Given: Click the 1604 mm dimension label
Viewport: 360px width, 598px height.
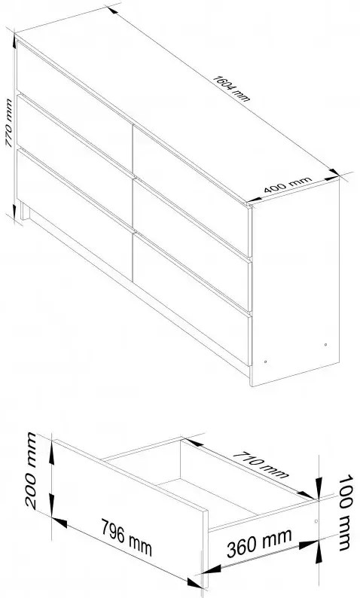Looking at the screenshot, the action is [231, 88].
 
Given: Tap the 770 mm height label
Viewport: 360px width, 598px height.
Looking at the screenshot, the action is [8, 123].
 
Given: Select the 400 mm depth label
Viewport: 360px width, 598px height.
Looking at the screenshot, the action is [288, 184].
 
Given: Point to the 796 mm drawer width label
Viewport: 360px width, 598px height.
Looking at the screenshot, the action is [127, 537].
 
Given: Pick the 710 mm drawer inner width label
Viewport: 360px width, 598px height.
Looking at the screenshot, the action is [261, 464].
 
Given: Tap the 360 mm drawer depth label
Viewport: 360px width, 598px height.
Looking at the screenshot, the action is [259, 543].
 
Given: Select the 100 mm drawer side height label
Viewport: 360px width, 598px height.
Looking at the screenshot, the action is [345, 512].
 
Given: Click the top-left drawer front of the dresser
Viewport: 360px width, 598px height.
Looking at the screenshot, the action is [75, 102].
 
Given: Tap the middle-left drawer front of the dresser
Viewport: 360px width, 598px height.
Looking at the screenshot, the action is [75, 157].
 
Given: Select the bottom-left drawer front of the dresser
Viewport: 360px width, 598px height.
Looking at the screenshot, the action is [75, 212].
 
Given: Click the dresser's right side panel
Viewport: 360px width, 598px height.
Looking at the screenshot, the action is [295, 282].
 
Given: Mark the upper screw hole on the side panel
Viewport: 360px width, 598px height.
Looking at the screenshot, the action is [325, 345].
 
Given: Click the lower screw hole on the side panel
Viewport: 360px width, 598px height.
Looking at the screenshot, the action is [265, 362].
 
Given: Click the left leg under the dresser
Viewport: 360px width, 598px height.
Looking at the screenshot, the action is [25, 211].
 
